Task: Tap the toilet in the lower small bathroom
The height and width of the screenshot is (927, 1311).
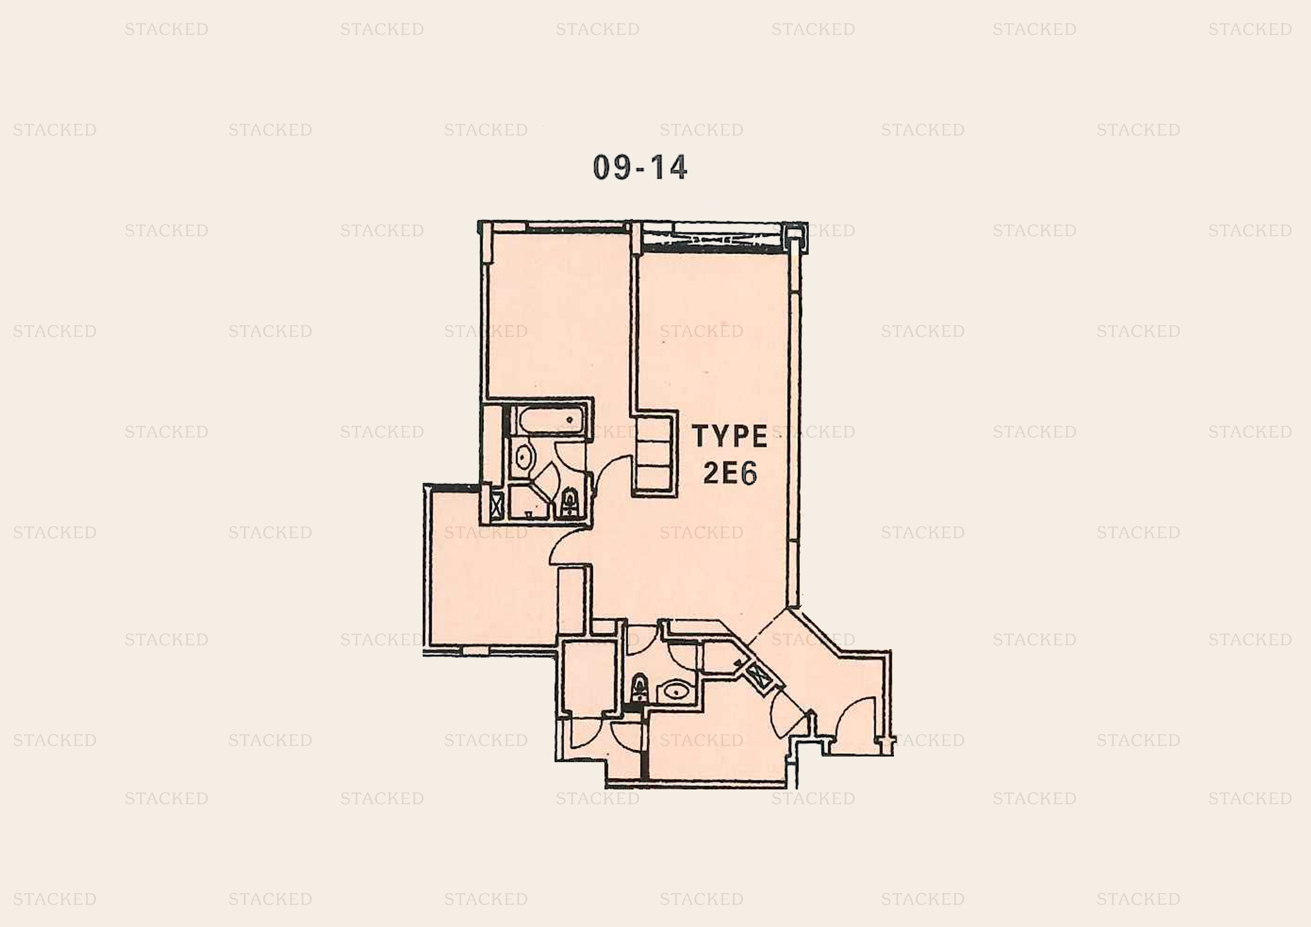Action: pyautogui.click(x=639, y=688)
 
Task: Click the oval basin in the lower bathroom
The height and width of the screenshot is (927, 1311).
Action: pyautogui.click(x=677, y=692)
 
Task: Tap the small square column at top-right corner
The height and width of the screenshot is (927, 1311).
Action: pyautogui.click(x=794, y=234)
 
